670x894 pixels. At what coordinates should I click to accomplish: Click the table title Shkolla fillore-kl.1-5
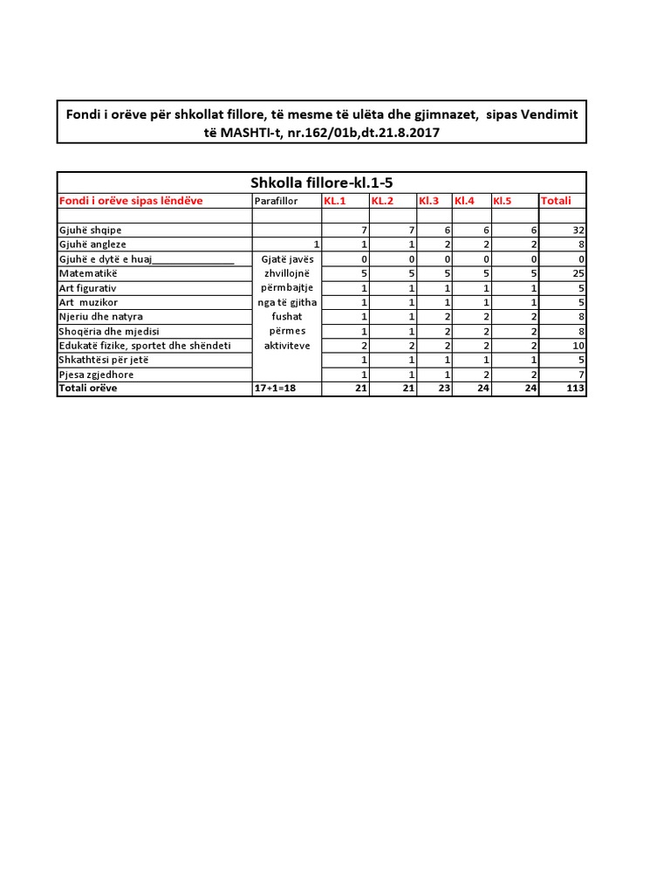click(322, 182)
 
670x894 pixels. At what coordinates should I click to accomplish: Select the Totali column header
click(556, 201)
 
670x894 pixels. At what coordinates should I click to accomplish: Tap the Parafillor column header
click(276, 202)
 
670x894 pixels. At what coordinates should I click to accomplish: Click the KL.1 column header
click(336, 201)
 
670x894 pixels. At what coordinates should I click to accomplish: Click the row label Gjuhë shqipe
click(90, 230)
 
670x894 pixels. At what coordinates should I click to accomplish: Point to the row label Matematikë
click(87, 273)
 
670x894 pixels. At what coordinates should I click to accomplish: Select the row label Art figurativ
click(87, 287)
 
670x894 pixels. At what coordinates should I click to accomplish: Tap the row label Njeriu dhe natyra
click(100, 316)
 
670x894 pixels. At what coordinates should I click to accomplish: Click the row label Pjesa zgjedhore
click(96, 375)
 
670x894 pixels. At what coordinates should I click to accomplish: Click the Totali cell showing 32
click(578, 230)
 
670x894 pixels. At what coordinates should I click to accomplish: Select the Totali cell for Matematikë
click(578, 273)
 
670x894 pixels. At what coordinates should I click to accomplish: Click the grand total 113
click(575, 389)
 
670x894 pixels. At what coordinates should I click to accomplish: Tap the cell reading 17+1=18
click(276, 389)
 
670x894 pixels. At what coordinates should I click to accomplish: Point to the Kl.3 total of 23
click(442, 389)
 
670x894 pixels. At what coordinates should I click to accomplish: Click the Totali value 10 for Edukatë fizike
click(578, 346)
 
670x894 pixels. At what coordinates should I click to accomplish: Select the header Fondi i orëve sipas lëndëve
click(131, 201)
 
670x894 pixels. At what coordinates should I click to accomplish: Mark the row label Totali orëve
click(88, 389)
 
